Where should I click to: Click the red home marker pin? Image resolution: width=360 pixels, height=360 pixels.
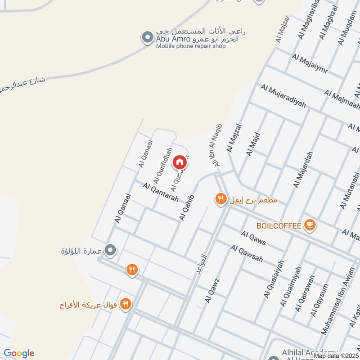coord(180,162)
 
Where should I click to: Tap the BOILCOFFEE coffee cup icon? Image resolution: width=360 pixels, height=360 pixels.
coord(310,225)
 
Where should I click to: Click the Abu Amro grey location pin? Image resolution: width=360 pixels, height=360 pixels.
coord(147,38)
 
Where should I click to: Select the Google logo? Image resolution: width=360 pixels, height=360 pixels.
coord(19,353)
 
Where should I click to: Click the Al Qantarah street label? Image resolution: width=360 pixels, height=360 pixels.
coord(161,192)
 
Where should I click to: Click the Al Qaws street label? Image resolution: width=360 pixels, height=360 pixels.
coord(253,238)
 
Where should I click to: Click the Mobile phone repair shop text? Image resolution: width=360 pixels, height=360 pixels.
coord(191,46)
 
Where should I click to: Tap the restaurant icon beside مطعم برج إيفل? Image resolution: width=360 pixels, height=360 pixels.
coord(220,198)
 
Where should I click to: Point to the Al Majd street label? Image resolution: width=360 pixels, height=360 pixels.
coord(252,144)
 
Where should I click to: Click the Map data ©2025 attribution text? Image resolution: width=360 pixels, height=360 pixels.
coord(336,355)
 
